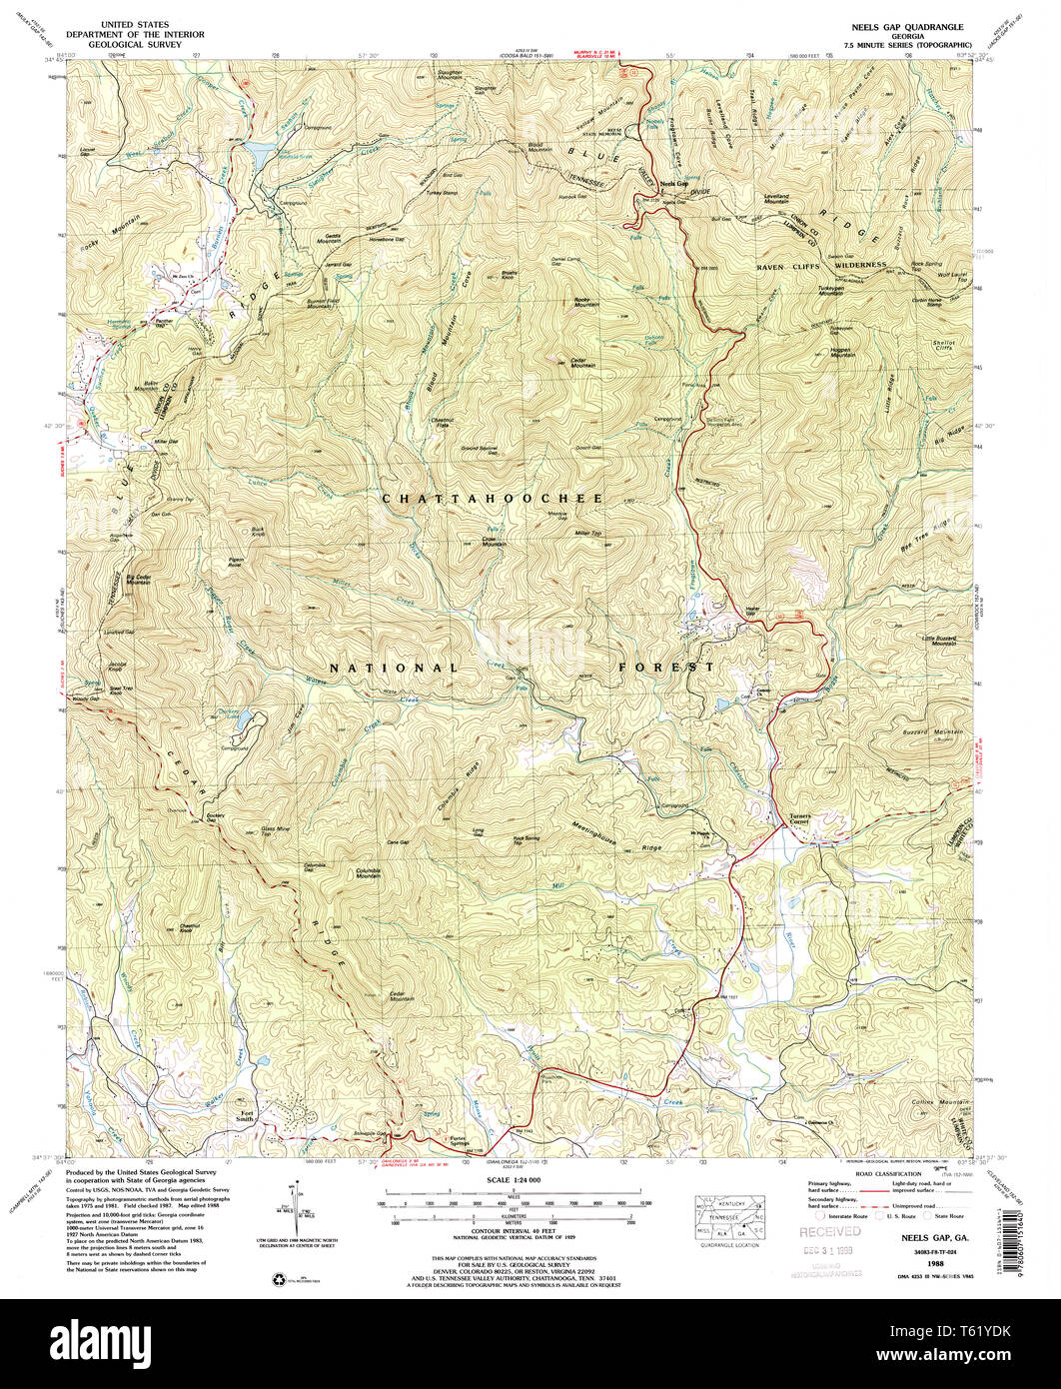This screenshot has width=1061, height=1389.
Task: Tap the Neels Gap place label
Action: tap(675, 183)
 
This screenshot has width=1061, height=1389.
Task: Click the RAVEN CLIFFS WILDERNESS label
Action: tap(821, 266)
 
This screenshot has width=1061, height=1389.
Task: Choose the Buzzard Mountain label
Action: tap(934, 732)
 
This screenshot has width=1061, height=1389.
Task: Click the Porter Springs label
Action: tap(458, 1140)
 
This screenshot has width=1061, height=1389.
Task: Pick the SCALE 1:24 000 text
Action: tap(513, 1180)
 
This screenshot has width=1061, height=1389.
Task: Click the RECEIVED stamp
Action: tap(828, 1232)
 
